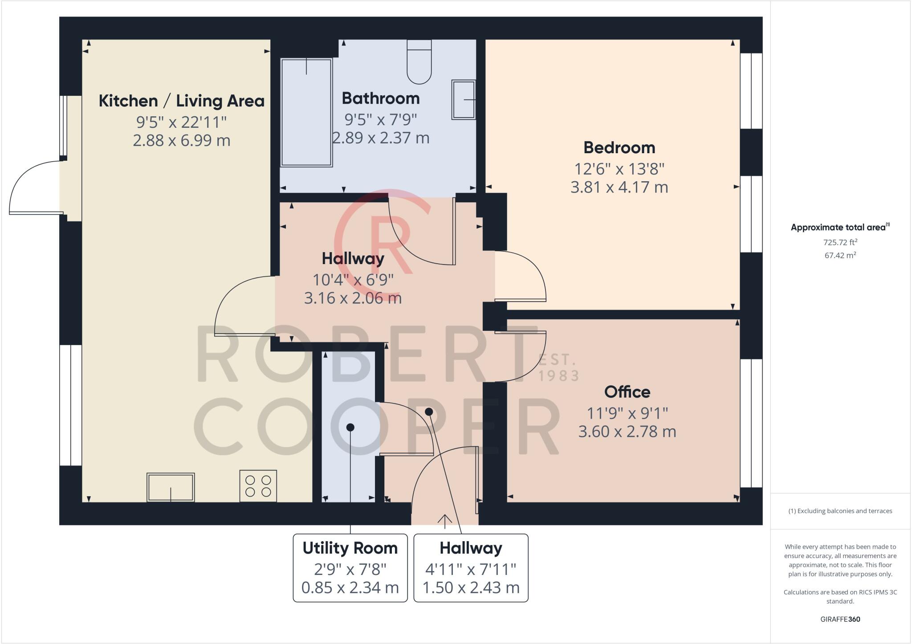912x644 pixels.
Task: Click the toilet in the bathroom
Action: click(419, 62)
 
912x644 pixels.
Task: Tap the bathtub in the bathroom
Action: click(306, 112)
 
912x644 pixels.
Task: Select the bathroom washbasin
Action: click(464, 99)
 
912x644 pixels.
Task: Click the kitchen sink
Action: click(171, 487)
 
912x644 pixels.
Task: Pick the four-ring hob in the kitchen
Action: click(258, 486)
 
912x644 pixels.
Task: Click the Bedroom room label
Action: click(619, 147)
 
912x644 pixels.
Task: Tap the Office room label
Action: click(627, 392)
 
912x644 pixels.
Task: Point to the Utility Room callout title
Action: click(350, 548)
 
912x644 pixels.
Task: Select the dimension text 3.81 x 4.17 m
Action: click(619, 187)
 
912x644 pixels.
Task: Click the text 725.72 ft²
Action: click(840, 242)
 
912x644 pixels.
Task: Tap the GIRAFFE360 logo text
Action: click(840, 619)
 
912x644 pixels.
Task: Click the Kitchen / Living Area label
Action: click(181, 101)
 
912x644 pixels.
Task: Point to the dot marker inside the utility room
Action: click(350, 427)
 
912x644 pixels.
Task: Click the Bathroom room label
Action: click(380, 98)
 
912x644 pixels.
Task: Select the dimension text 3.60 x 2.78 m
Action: click(627, 431)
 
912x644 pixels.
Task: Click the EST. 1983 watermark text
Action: click(559, 367)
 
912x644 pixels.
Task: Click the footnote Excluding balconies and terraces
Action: click(840, 511)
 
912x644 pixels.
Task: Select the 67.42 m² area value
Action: click(840, 255)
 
